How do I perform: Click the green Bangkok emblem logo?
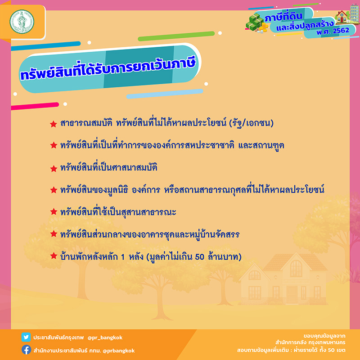point(22,21)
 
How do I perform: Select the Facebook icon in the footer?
point(27,350)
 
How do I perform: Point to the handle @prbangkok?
point(118,350)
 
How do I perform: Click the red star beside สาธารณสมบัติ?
point(53,124)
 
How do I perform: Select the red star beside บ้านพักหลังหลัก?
point(53,257)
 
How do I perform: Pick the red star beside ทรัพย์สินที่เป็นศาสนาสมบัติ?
point(53,168)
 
